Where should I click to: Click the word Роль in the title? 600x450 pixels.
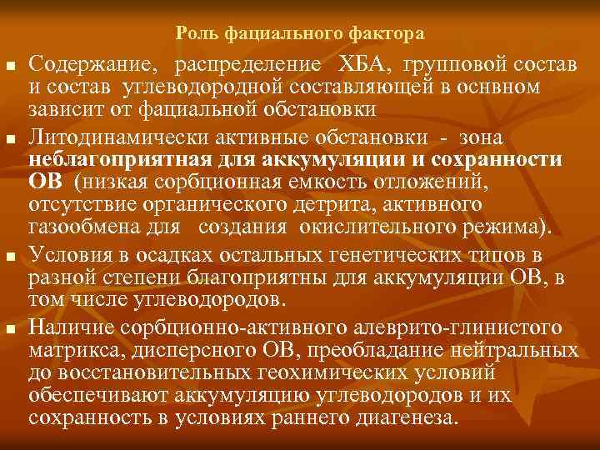tap(193, 34)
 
